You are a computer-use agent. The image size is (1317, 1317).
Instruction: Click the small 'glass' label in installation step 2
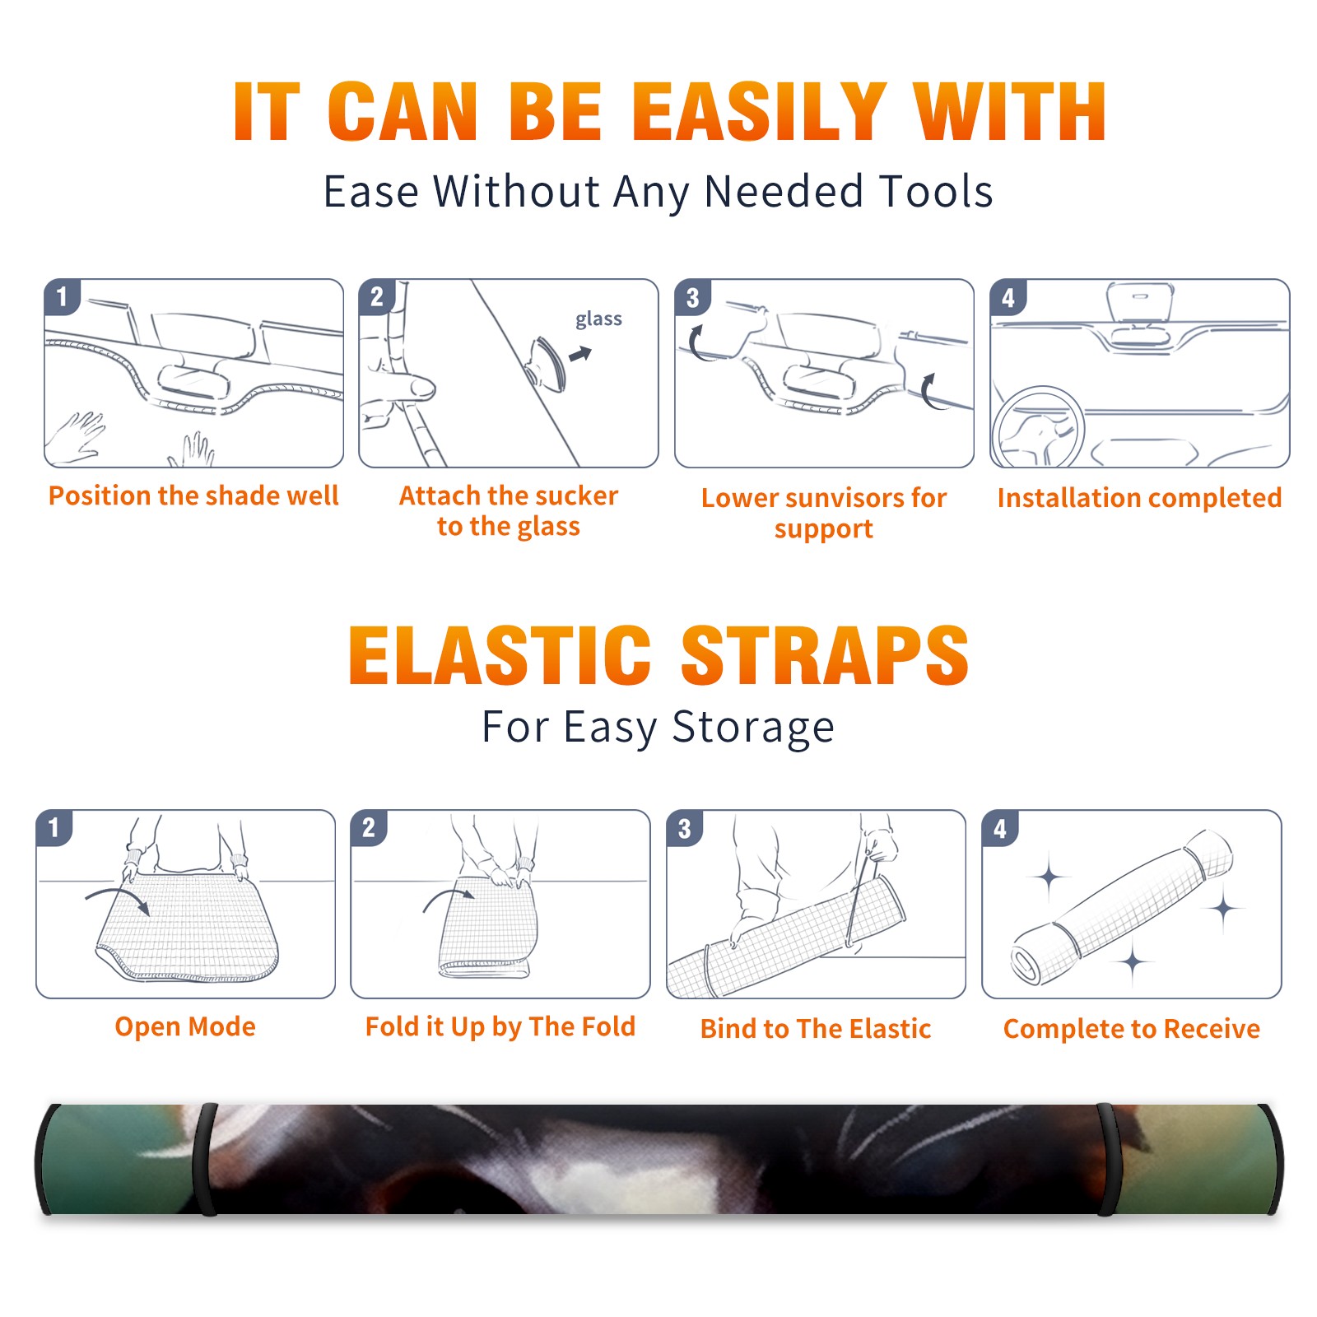(598, 319)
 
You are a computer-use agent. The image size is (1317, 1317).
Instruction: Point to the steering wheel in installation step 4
(1038, 428)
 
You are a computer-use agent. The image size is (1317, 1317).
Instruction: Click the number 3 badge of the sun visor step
(693, 297)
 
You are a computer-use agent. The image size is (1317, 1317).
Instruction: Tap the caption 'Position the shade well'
(193, 496)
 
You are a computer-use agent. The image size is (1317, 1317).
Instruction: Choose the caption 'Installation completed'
(1139, 498)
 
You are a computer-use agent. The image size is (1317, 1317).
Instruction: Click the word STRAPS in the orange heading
(825, 655)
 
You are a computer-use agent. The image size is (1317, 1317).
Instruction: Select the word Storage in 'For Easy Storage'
(753, 728)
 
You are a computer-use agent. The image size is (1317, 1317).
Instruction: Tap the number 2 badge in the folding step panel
(369, 827)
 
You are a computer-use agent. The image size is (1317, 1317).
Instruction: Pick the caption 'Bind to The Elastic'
(816, 1029)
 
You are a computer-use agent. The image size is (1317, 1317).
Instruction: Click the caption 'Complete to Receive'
(1132, 1029)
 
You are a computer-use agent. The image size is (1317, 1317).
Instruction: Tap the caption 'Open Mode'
(185, 1026)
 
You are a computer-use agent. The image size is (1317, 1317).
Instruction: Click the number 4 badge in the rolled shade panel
(1000, 827)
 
